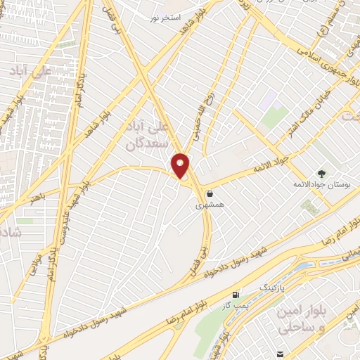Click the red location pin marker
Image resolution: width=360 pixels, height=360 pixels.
tap(181, 165)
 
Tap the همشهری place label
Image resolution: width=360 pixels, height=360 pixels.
tap(210, 207)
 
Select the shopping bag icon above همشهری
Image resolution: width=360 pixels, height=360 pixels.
tap(210, 195)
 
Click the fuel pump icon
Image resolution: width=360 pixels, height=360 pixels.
tap(234, 293)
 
